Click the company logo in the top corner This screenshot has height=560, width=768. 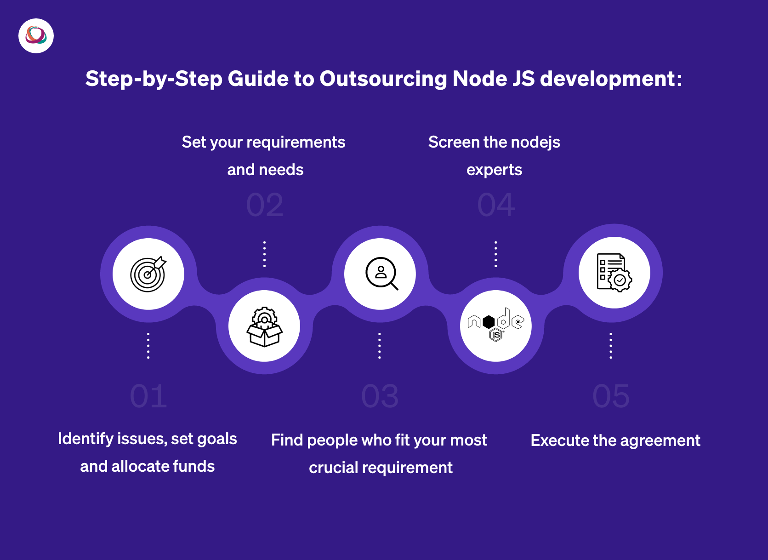[x=36, y=36]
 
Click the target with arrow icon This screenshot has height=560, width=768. [x=148, y=274]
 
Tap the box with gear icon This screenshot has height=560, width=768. [x=264, y=327]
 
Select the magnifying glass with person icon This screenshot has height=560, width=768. [x=381, y=273]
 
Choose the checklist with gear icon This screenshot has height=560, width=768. [x=614, y=273]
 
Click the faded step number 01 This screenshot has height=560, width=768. [x=148, y=396]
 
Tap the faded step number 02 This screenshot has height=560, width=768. [x=265, y=205]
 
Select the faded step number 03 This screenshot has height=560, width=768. [x=380, y=396]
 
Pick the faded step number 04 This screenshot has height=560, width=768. [x=496, y=205]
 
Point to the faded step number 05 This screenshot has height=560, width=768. [x=611, y=396]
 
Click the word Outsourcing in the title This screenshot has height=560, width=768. [x=383, y=79]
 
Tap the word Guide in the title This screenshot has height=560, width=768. [x=258, y=79]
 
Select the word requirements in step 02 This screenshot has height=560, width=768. [x=296, y=143]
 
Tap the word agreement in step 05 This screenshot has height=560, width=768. [x=660, y=441]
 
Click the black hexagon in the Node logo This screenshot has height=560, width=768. [x=489, y=322]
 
